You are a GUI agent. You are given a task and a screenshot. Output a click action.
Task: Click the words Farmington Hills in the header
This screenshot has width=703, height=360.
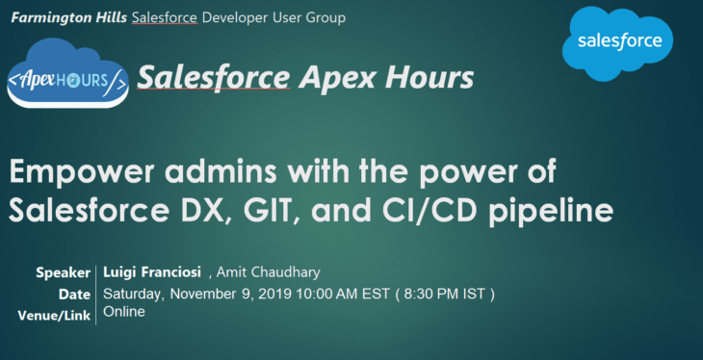pyautogui.click(x=68, y=18)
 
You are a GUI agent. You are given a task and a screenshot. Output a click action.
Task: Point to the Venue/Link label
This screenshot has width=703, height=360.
pyautogui.click(x=54, y=315)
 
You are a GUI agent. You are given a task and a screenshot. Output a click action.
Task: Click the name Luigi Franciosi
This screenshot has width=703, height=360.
pyautogui.click(x=151, y=273)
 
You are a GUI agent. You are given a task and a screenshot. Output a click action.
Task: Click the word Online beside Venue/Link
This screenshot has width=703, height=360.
pyautogui.click(x=124, y=312)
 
